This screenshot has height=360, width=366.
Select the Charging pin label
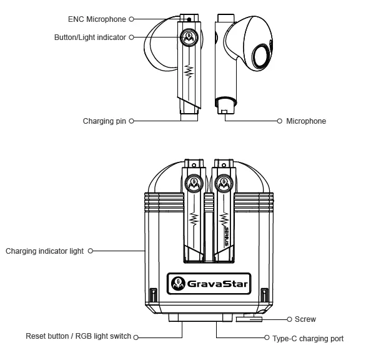click(x=104, y=121)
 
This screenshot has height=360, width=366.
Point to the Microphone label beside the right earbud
click(x=306, y=121)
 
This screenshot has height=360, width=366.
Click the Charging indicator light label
click(x=44, y=251)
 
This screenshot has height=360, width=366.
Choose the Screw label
click(x=305, y=319)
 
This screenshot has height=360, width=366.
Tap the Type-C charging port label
click(x=308, y=339)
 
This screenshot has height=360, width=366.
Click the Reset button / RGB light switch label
click(x=78, y=336)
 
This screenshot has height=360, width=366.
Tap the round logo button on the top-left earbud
click(x=189, y=37)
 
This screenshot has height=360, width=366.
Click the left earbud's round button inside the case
click(x=193, y=184)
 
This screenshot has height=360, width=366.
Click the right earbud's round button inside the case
click(x=223, y=184)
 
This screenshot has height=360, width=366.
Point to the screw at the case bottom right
click(x=249, y=319)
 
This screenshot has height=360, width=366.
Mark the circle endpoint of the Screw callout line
click(x=289, y=319)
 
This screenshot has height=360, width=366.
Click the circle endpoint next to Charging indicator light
click(x=91, y=251)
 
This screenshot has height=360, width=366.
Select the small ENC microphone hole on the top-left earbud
click(x=189, y=19)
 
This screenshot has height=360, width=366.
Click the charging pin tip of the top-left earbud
click(x=189, y=116)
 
